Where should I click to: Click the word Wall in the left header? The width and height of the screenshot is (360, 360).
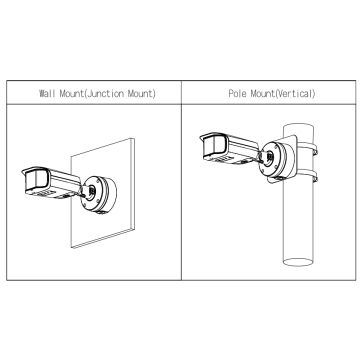click(47, 93)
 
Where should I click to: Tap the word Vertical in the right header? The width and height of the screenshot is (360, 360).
click(295, 93)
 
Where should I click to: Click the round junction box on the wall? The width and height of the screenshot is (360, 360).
click(99, 194)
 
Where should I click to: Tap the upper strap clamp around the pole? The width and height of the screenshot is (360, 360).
click(307, 147)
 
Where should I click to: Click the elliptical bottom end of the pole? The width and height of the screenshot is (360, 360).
click(298, 262)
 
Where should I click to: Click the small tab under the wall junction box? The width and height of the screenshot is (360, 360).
click(101, 213)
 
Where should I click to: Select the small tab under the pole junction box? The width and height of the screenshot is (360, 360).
click(279, 178)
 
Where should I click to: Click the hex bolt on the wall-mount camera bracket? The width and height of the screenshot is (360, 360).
click(92, 190)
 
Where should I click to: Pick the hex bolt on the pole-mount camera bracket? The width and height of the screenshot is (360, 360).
click(270, 156)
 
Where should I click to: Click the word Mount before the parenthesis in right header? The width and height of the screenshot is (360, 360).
click(263, 93)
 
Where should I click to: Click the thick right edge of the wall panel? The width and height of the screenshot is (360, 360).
click(132, 183)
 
